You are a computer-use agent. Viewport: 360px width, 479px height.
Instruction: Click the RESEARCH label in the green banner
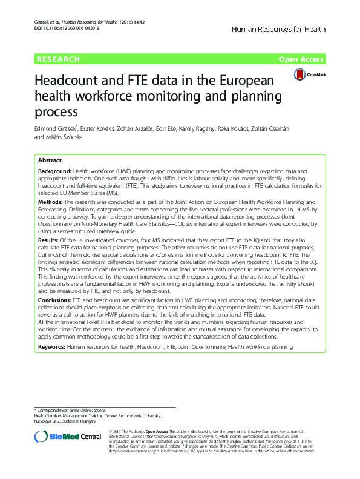pos(58,59)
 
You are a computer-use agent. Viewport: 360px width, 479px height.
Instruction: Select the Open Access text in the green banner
pos(302,59)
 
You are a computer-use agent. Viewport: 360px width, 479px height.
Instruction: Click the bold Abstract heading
pos(50,160)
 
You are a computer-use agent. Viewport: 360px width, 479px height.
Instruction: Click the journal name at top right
pos(278,29)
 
